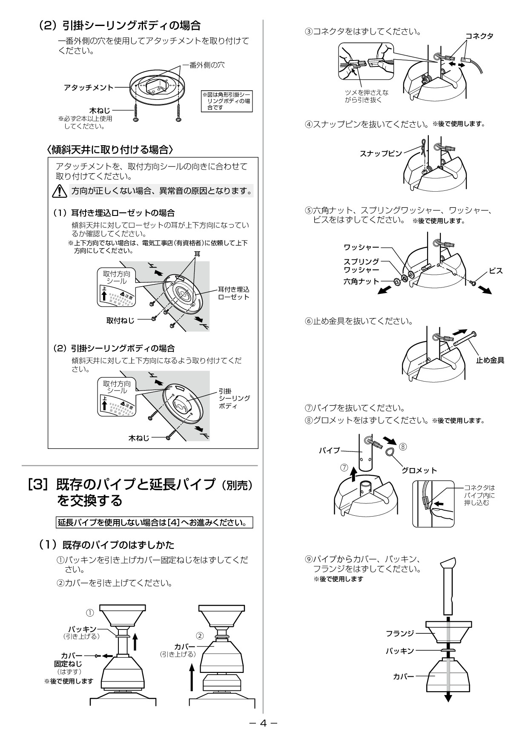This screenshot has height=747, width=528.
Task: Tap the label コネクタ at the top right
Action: tap(479, 36)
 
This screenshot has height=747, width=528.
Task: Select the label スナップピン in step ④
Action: tap(381, 154)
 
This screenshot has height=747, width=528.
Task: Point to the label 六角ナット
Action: tap(361, 282)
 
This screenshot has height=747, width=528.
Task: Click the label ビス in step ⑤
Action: tap(496, 271)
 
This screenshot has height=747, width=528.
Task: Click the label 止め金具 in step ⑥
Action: tap(490, 360)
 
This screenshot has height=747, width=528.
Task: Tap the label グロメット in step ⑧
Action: tap(419, 470)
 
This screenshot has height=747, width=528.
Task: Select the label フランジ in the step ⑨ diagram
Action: tap(400, 633)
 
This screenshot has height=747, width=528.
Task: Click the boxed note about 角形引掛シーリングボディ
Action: tap(227, 101)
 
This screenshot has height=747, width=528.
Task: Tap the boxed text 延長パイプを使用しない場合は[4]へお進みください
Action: tap(155, 522)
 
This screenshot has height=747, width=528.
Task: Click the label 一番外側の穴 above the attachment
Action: tap(203, 65)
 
